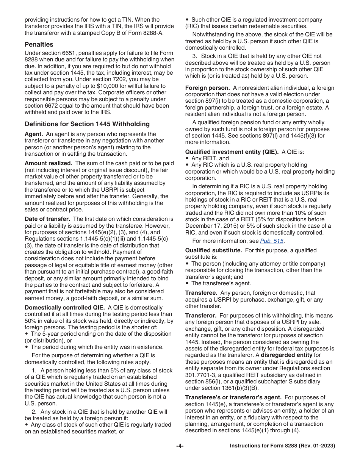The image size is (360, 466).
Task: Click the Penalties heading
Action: tap(39, 44)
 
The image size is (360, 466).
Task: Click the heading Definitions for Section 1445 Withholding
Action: tap(87, 124)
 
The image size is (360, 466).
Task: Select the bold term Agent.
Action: tap(33, 134)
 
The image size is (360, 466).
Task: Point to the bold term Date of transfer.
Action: tap(47, 219)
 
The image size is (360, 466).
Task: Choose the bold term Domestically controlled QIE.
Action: tap(64, 307)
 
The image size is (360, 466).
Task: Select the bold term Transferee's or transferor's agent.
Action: tap(233, 397)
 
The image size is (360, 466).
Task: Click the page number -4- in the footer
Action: tap(180, 446)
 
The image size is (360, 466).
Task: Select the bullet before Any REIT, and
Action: tap(187, 158)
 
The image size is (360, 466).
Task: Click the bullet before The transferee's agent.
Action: tap(187, 283)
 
